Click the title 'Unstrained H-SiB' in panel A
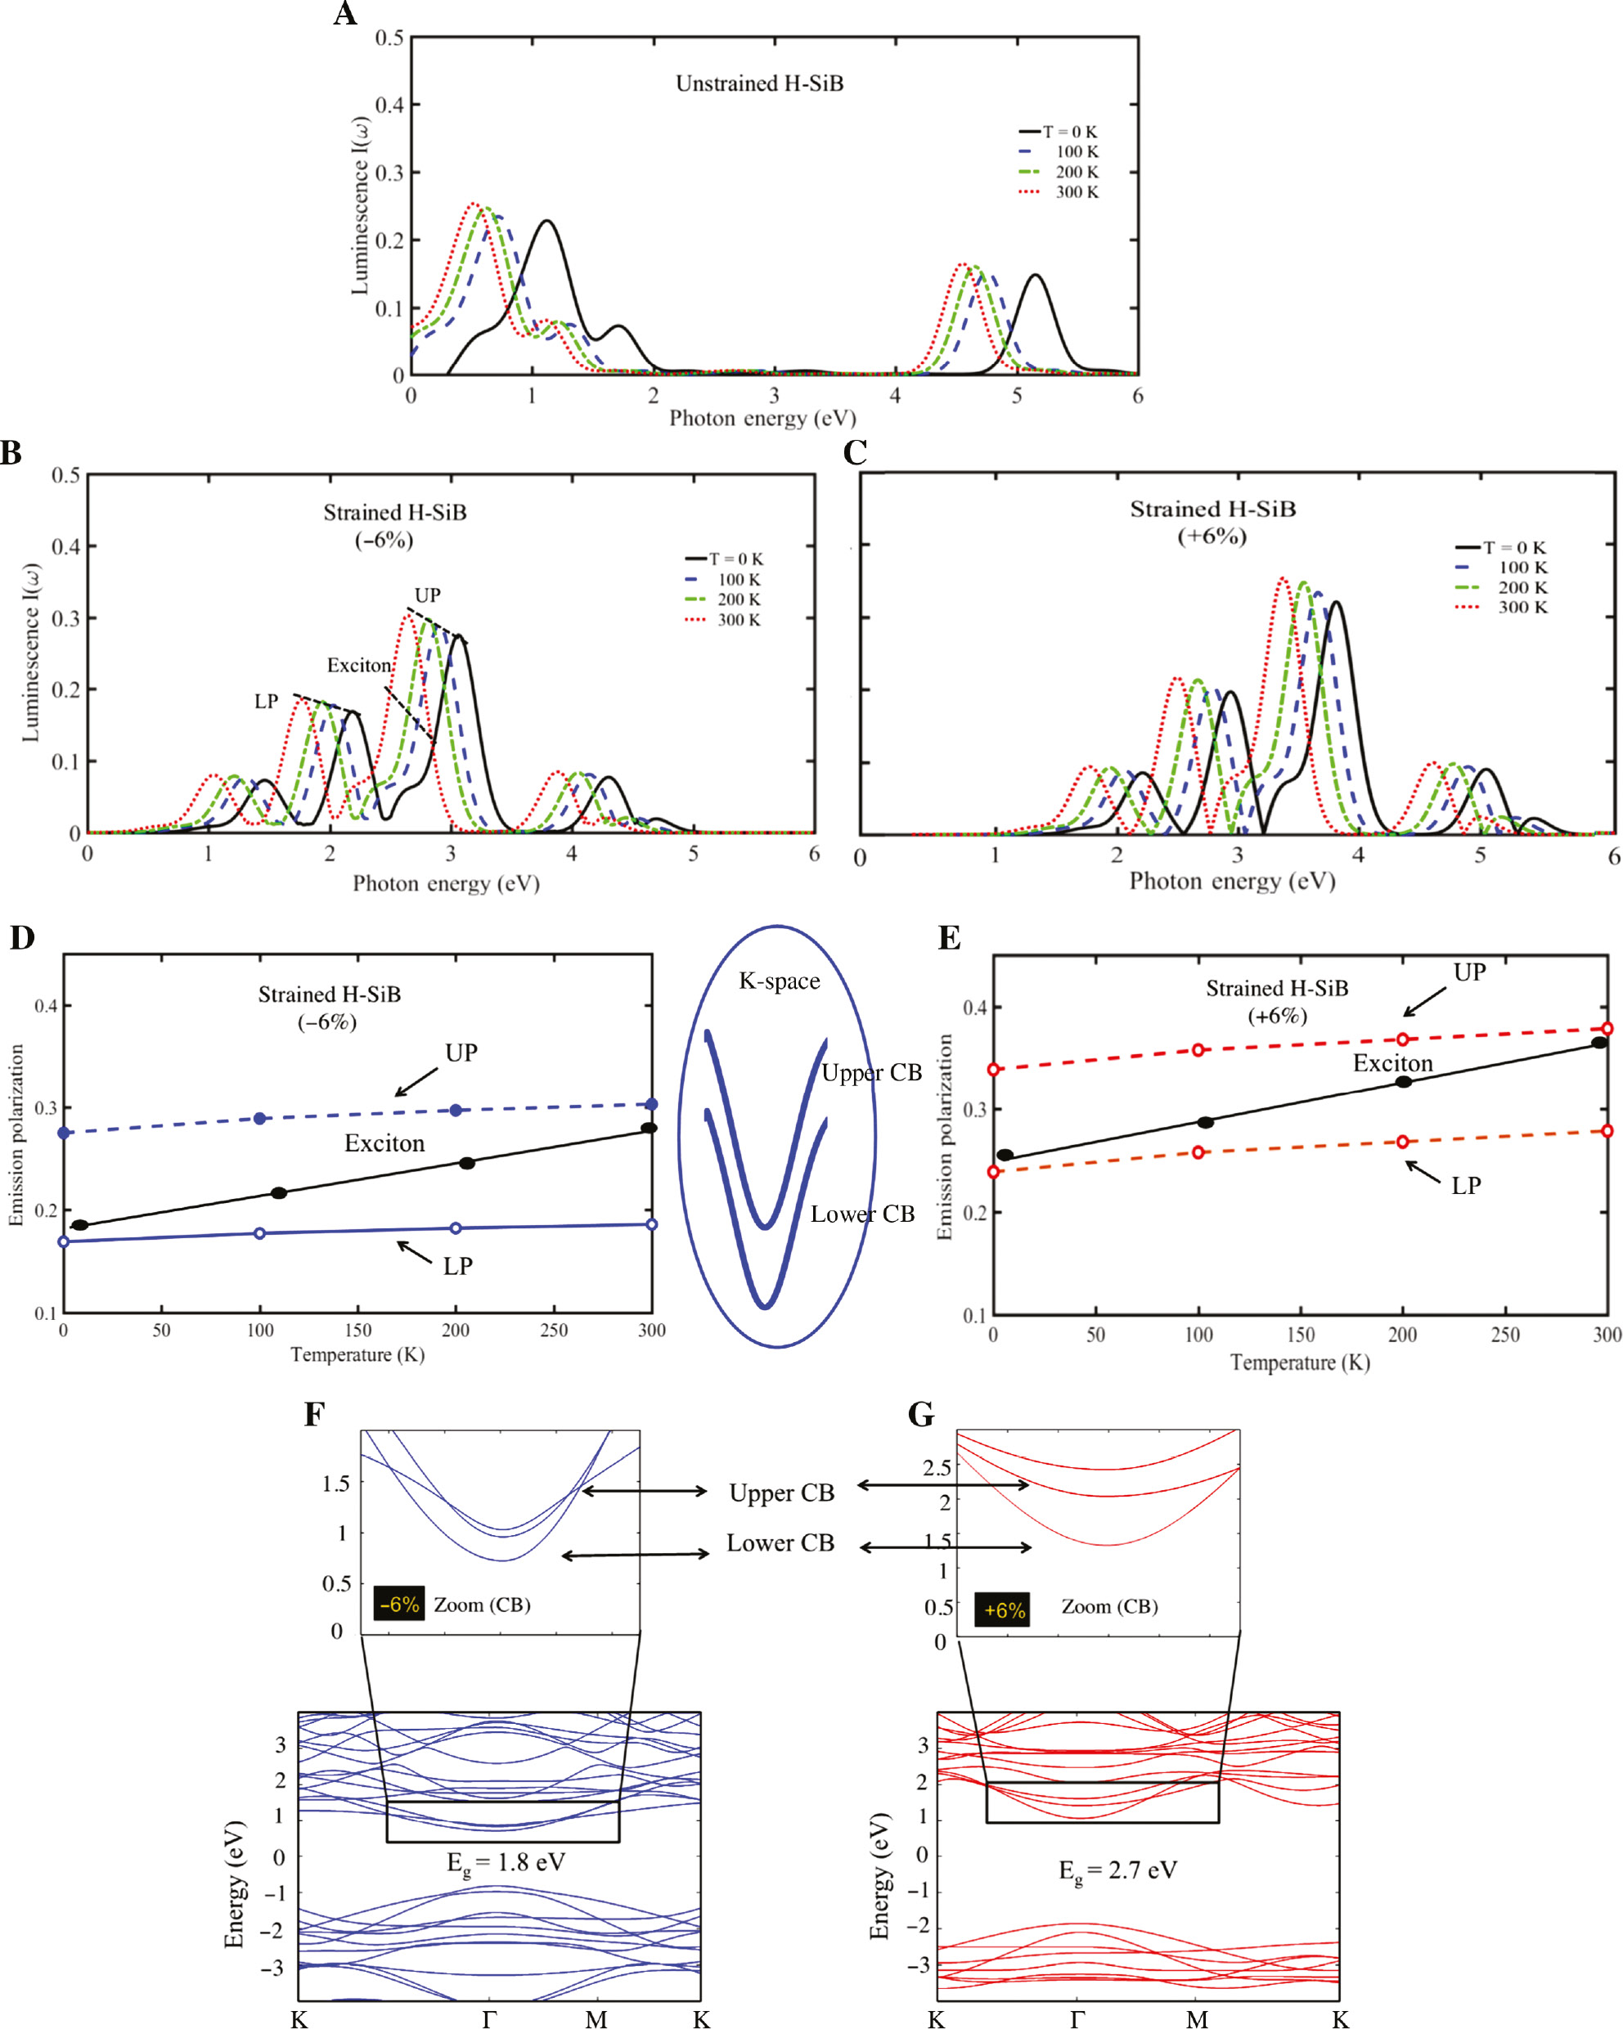759,83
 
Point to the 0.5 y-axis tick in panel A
389,38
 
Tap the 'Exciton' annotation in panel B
358,666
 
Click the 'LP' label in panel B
267,701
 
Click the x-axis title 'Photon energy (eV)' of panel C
1231,881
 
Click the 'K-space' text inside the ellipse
779,981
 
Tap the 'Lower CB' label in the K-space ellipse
862,1214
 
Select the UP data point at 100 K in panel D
260,1118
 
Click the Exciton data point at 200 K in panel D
466,1163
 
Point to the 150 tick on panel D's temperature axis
357,1330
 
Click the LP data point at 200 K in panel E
1402,1142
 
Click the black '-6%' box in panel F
399,1604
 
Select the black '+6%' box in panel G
1003,1610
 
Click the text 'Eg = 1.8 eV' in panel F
506,1862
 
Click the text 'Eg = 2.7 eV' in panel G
1117,1870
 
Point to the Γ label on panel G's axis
1077,2018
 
